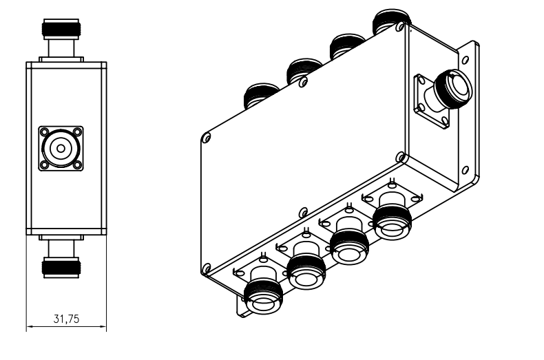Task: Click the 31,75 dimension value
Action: tap(66, 319)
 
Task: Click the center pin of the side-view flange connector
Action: tap(61, 149)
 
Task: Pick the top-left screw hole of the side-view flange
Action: tap(44, 132)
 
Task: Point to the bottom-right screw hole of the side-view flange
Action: tap(77, 165)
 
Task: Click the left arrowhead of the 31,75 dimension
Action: tap(30, 326)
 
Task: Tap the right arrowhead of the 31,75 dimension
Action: tap(103, 326)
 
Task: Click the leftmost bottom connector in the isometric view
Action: tap(262, 296)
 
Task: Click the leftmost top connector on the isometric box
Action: tap(261, 95)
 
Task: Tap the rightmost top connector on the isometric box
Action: tap(390, 21)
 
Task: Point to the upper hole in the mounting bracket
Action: tap(465, 60)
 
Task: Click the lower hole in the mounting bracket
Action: tap(465, 170)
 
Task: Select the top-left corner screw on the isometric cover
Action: tap(207, 138)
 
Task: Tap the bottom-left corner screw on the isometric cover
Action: tap(207, 268)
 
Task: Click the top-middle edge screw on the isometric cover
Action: tap(303, 82)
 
